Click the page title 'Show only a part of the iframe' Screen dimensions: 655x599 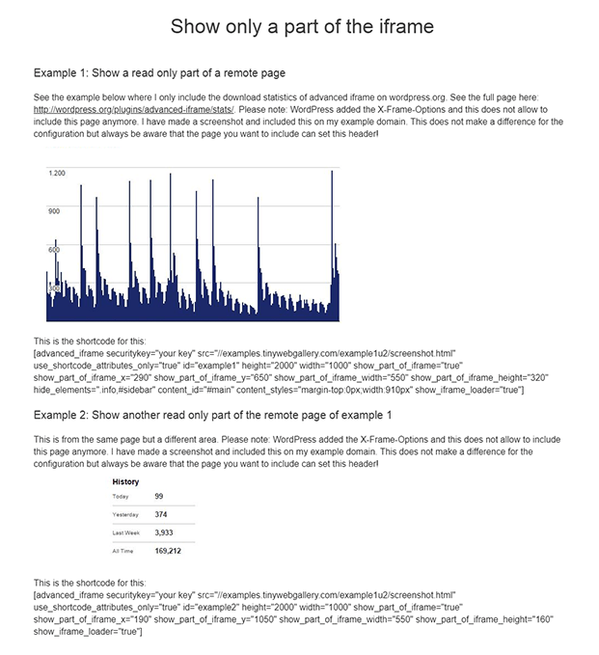(302, 27)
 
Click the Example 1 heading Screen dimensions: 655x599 (159, 73)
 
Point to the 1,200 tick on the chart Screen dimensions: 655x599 (56, 173)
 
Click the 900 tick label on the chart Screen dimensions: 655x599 (54, 210)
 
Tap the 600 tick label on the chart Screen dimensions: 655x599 (54, 249)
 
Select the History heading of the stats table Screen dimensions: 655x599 (125, 481)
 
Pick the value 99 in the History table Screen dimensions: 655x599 (160, 497)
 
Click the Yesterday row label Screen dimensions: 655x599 (125, 515)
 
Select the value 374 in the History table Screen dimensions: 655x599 (161, 515)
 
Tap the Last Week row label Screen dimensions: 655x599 (125, 533)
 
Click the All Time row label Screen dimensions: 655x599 (123, 552)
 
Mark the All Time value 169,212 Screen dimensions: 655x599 (168, 552)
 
